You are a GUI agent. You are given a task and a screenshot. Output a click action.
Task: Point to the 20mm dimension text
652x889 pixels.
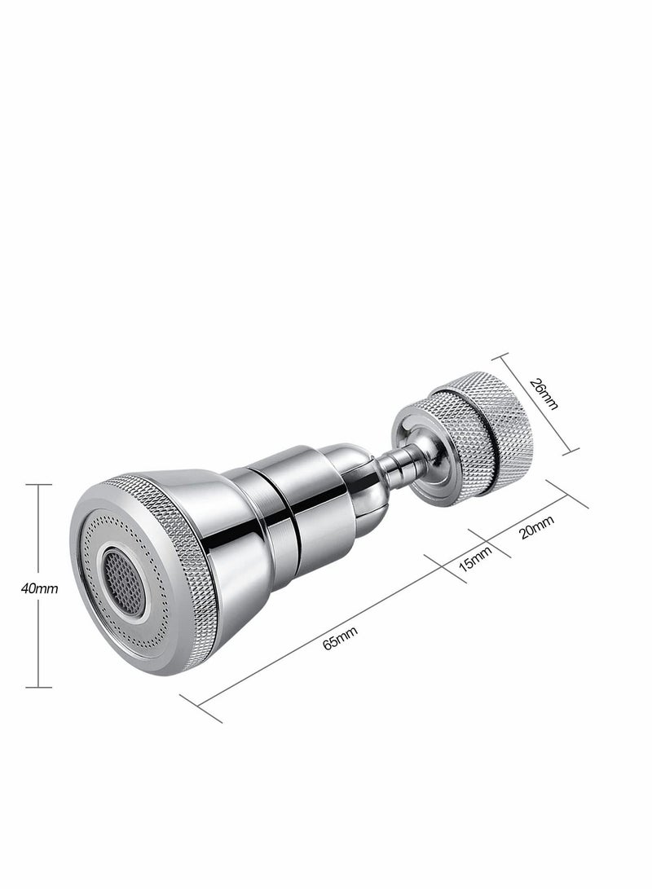537,528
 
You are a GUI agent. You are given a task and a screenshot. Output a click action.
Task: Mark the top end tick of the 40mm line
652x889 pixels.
38,485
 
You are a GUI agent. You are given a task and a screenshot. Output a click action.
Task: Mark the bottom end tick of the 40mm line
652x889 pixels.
38,688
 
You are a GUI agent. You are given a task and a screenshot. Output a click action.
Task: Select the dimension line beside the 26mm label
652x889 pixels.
535,401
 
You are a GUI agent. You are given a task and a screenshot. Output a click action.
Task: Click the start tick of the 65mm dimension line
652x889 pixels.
200,708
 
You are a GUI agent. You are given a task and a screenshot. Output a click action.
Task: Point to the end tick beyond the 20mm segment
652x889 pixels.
567,495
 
